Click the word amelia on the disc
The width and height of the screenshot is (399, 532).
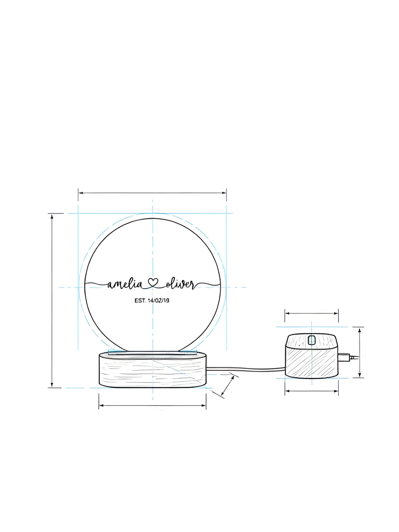pyautogui.click(x=125, y=285)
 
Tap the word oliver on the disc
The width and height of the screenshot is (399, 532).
pyautogui.click(x=180, y=285)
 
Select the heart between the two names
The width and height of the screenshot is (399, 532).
pyautogui.click(x=153, y=283)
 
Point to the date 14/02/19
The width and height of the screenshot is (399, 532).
pyautogui.click(x=159, y=300)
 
